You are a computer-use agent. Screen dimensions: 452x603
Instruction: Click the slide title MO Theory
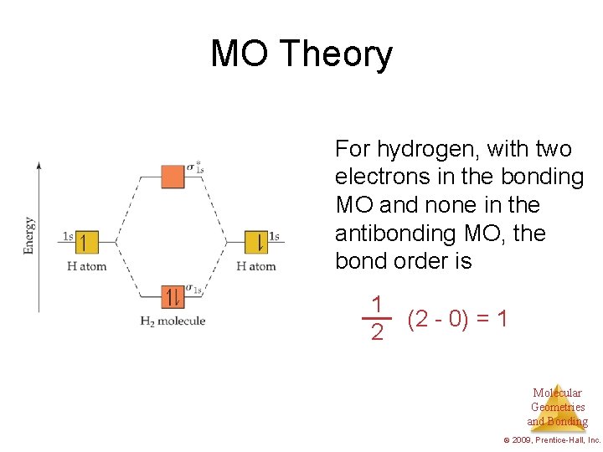point(301,54)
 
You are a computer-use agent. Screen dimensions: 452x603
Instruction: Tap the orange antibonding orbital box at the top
point(173,177)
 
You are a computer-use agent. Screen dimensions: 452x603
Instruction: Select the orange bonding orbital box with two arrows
point(173,296)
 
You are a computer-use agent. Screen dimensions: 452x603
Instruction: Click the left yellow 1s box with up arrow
point(86,242)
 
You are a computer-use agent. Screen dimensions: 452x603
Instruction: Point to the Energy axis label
point(29,235)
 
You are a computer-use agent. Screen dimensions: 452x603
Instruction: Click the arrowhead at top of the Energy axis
point(39,166)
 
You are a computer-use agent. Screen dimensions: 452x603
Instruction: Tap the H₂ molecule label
point(173,321)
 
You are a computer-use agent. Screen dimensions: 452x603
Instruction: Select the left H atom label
point(86,266)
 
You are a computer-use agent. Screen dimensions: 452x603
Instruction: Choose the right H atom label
point(255,266)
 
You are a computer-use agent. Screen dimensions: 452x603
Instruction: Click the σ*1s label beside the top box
point(195,167)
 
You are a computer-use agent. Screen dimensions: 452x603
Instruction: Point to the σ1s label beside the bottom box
point(194,289)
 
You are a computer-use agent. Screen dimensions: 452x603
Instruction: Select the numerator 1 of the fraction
point(378,304)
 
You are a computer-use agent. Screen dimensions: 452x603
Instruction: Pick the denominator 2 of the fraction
point(378,333)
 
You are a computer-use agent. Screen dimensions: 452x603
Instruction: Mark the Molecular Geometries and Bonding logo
point(558,408)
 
